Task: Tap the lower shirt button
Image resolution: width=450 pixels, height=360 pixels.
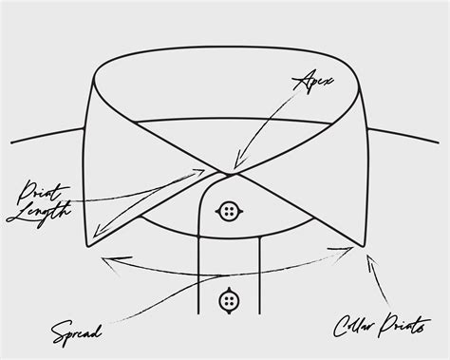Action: pyautogui.click(x=229, y=300)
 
